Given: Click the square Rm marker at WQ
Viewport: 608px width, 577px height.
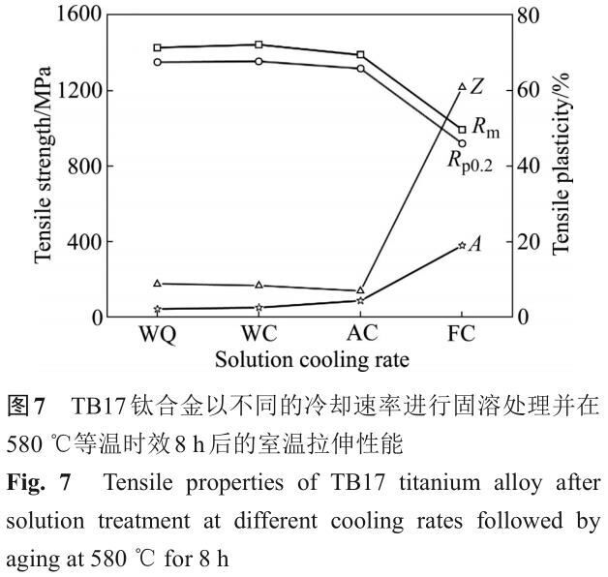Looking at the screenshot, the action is [157, 47].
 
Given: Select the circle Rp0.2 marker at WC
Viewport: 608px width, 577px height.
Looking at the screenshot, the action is [259, 61].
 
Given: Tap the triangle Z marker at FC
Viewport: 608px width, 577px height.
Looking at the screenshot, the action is [462, 86].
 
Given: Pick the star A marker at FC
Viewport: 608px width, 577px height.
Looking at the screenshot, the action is [462, 246].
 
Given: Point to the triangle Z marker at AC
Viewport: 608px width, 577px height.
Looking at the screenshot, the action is [360, 290].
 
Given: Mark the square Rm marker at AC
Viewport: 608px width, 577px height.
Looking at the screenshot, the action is [360, 54].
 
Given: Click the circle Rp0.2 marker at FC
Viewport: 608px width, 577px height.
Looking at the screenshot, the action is [462, 143].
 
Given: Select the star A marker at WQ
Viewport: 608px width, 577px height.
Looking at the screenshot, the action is [157, 309].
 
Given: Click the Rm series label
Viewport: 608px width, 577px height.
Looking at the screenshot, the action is [486, 128].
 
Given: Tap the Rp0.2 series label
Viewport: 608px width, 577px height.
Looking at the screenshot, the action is [470, 162].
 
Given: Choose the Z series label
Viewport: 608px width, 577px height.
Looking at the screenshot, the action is [476, 86].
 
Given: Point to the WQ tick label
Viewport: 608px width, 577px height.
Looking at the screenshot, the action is [158, 334].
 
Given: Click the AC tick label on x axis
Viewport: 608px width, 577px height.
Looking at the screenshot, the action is [362, 333].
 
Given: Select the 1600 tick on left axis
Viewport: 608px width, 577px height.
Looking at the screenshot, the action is [78, 15].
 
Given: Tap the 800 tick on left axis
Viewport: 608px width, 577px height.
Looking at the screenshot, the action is [84, 166].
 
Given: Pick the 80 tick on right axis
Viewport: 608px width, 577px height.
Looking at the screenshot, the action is [528, 15].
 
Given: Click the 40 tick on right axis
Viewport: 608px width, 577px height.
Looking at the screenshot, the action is [528, 166].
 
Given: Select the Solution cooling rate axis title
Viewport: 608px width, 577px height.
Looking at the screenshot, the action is [312, 360].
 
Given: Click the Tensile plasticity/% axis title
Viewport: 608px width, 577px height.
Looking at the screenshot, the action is [562, 164].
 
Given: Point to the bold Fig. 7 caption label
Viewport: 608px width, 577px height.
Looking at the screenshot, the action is [39, 483].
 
